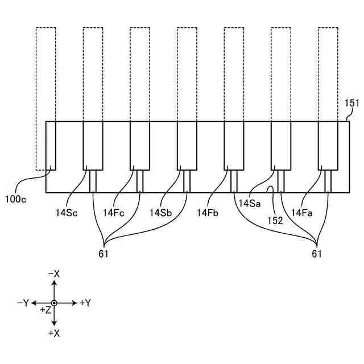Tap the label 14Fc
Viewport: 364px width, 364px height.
click(x=113, y=212)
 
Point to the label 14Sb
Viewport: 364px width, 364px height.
click(x=160, y=212)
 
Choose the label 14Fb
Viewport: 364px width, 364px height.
click(x=208, y=212)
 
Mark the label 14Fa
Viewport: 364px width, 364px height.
click(x=301, y=212)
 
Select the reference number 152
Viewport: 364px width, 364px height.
click(x=275, y=220)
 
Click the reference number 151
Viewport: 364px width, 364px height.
click(x=353, y=103)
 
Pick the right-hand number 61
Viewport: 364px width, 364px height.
click(x=317, y=254)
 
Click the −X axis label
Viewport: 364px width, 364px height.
click(x=54, y=274)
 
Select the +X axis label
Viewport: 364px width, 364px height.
click(x=54, y=333)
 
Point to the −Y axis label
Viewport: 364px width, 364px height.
click(x=23, y=303)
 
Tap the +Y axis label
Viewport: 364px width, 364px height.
click(x=85, y=303)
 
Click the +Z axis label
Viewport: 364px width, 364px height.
click(x=45, y=311)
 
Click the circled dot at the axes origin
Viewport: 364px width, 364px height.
click(x=54, y=303)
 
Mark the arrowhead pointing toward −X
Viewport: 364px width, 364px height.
click(x=54, y=283)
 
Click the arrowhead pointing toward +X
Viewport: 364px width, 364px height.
click(x=54, y=323)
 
